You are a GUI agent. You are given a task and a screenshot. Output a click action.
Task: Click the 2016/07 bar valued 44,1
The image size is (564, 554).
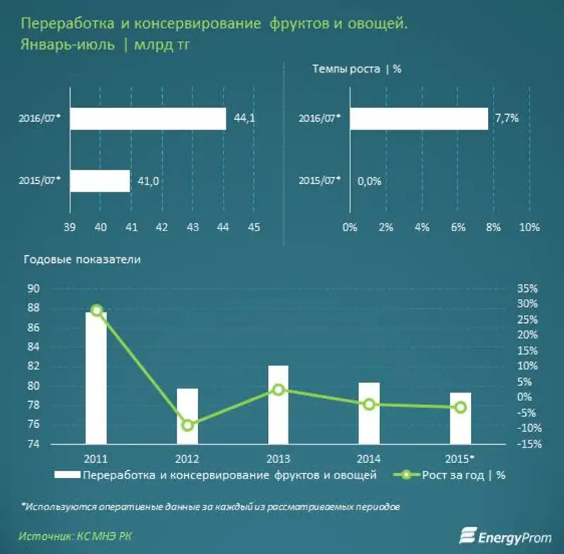(x=148, y=118)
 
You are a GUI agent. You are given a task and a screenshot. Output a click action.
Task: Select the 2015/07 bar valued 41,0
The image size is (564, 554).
(x=100, y=181)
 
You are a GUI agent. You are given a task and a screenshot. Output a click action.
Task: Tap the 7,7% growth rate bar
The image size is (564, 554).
(x=418, y=118)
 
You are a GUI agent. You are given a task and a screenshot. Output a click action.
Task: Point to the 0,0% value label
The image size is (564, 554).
(x=369, y=181)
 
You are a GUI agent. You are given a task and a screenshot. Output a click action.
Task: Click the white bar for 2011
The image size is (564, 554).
(x=97, y=378)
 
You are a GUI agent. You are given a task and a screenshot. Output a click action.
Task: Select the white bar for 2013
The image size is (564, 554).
(x=278, y=405)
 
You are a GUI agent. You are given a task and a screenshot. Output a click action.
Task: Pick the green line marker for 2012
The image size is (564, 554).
(x=188, y=425)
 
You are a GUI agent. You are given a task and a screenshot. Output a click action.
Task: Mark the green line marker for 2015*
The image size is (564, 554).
(x=460, y=407)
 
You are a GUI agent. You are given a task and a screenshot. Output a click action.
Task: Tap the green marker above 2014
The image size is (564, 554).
(x=369, y=404)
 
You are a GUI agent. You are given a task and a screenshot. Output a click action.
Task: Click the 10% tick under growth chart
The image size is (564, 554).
(x=529, y=227)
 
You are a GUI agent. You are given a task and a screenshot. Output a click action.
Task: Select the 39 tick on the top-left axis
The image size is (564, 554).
(x=69, y=227)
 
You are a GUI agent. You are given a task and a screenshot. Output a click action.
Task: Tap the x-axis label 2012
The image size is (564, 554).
(x=188, y=457)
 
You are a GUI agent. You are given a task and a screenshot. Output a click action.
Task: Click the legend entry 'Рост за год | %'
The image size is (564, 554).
(x=458, y=474)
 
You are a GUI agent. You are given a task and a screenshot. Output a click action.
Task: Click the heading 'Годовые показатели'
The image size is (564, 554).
(x=82, y=259)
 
